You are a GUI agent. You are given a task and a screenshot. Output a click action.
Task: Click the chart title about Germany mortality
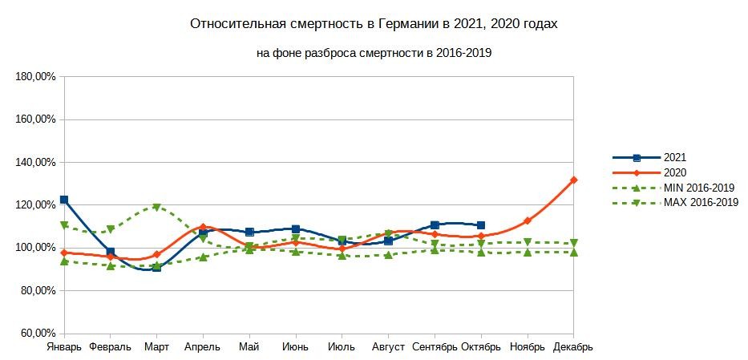374,24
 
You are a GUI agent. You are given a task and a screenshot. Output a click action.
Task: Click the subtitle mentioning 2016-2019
374,53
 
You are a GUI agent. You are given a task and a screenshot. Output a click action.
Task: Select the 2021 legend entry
675,158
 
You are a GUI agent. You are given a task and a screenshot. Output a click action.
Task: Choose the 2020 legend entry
675,172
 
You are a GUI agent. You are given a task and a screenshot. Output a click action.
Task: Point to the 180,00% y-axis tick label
34,77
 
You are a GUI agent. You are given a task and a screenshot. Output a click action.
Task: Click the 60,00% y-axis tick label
34,333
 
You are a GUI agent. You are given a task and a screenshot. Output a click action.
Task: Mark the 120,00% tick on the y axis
34,204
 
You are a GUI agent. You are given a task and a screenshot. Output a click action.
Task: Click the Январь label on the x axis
64,347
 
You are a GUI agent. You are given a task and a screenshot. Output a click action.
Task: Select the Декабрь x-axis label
573,347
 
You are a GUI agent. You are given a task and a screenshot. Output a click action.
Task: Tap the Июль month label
342,347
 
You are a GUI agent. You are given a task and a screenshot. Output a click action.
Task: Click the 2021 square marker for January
64,200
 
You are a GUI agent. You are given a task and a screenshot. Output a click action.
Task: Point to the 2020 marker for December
573,180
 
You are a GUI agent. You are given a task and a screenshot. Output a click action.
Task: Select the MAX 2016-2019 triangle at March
157,207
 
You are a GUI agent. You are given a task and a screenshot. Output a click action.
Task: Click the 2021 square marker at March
157,267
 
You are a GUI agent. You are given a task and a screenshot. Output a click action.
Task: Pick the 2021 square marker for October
481,225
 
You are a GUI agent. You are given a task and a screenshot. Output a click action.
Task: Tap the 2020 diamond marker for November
528,220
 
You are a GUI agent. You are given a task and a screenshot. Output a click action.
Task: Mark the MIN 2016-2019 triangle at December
573,252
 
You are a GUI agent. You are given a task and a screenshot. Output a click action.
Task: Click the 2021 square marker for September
435,225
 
